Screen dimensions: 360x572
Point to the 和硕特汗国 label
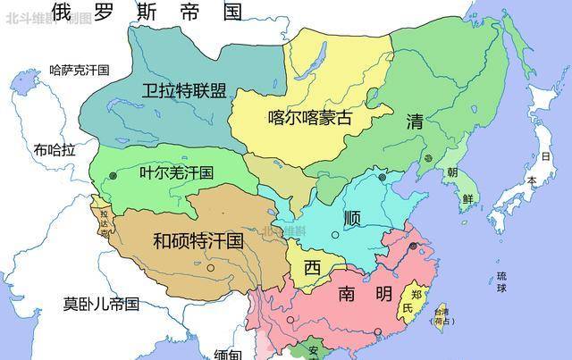198,240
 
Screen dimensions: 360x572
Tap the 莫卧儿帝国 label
101,304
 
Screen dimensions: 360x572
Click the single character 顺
351,218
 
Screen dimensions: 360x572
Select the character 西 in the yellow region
312,267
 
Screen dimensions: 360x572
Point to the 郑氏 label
413,300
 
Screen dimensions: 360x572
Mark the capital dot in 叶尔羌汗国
112,177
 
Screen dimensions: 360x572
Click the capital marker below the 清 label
428,158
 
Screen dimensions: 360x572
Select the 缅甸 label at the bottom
228,354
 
